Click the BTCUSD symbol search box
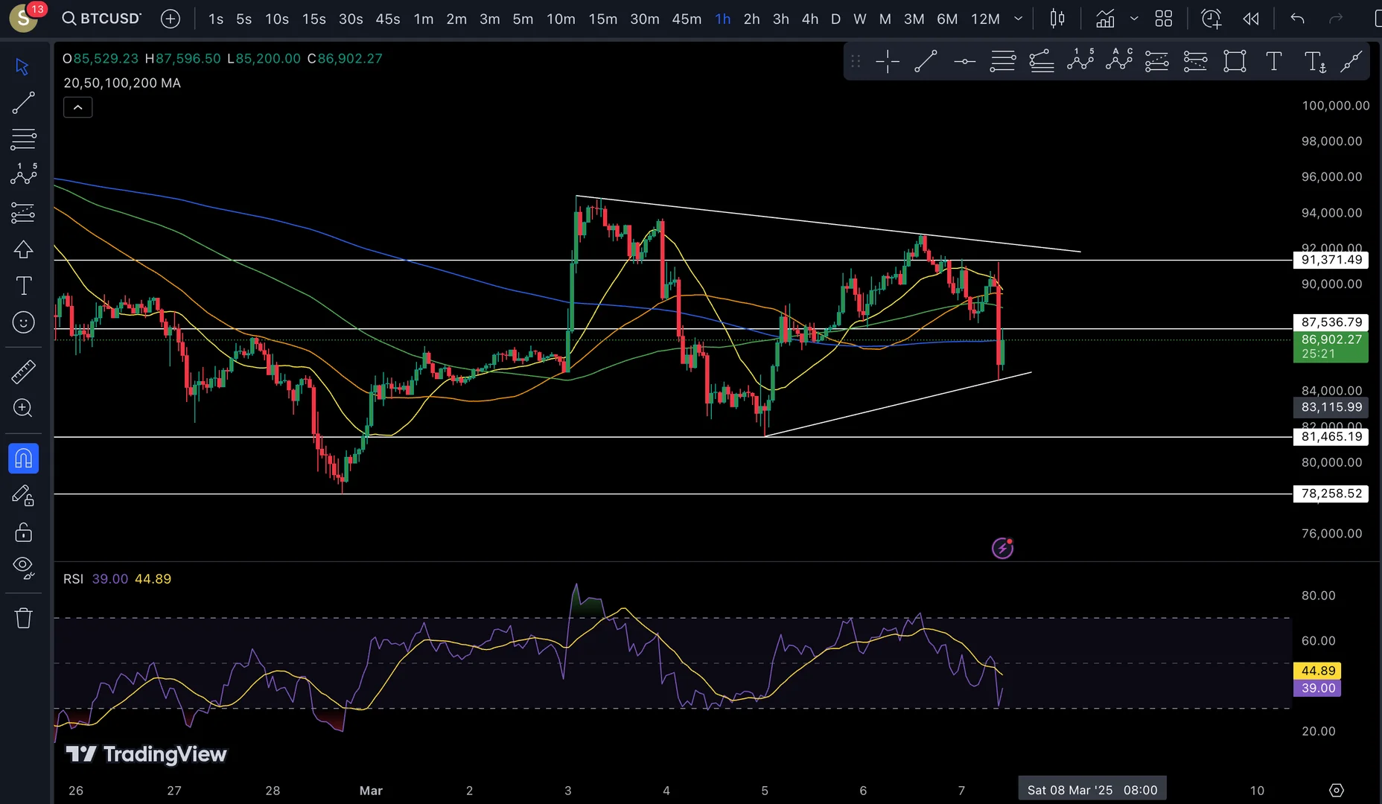(102, 19)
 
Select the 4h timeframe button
(810, 19)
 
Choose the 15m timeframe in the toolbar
(602, 19)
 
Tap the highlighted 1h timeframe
(722, 19)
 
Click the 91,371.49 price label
(1331, 260)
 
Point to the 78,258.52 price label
(1331, 494)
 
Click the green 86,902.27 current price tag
(1331, 340)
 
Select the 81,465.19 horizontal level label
(1331, 437)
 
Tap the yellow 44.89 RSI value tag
(1318, 671)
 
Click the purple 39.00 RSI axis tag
(1318, 689)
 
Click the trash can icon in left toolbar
(23, 618)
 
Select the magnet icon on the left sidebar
(23, 458)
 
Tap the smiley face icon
(23, 322)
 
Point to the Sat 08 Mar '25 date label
(1092, 790)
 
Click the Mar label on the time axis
(371, 791)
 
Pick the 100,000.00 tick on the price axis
(1335, 106)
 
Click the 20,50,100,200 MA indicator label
(122, 83)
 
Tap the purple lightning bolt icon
(1002, 549)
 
